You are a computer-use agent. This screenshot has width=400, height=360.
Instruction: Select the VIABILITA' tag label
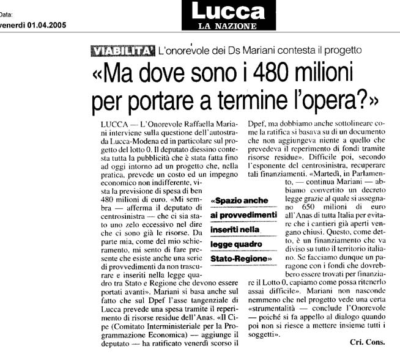(120, 51)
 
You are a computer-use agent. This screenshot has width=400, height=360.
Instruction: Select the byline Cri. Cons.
(367, 342)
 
